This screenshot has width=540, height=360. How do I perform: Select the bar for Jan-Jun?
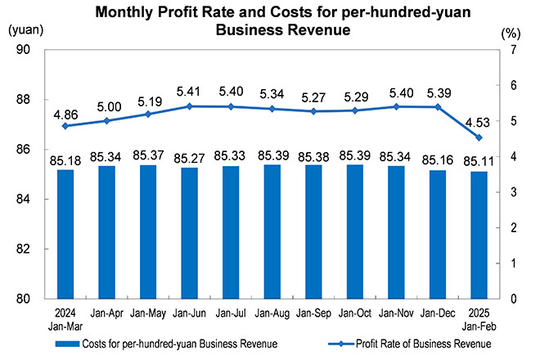pyautogui.click(x=190, y=233)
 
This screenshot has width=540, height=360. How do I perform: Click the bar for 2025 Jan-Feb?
pyautogui.click(x=479, y=236)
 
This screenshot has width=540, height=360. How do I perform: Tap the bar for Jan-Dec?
pyautogui.click(x=438, y=235)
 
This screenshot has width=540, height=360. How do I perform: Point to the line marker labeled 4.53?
pyautogui.click(x=479, y=137)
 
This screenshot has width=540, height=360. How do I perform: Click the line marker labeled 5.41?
pyautogui.click(x=190, y=106)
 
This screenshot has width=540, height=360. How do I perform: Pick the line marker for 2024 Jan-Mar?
pyautogui.click(x=65, y=126)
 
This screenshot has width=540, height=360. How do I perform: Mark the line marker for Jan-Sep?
pyautogui.click(x=313, y=111)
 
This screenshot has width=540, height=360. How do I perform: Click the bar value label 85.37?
pyautogui.click(x=148, y=155)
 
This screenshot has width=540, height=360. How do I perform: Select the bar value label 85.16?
pyautogui.click(x=438, y=160)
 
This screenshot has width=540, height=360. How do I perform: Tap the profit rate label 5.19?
pyautogui.click(x=150, y=101)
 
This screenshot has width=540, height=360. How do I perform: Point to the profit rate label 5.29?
pyautogui.click(x=356, y=97)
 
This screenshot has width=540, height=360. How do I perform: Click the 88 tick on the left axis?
pyautogui.click(x=23, y=100)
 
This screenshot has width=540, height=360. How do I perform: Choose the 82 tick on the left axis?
pyautogui.click(x=23, y=249)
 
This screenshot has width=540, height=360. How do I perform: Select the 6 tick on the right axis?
pyautogui.click(x=514, y=85)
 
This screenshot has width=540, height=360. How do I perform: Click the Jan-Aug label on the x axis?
pyautogui.click(x=272, y=313)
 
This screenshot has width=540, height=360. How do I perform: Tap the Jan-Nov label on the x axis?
pyautogui.click(x=396, y=313)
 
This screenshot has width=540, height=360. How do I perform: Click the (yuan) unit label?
pyautogui.click(x=26, y=30)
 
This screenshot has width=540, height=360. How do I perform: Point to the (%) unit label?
pyautogui.click(x=511, y=34)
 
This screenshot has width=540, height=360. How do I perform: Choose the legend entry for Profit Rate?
pyautogui.click(x=410, y=344)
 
